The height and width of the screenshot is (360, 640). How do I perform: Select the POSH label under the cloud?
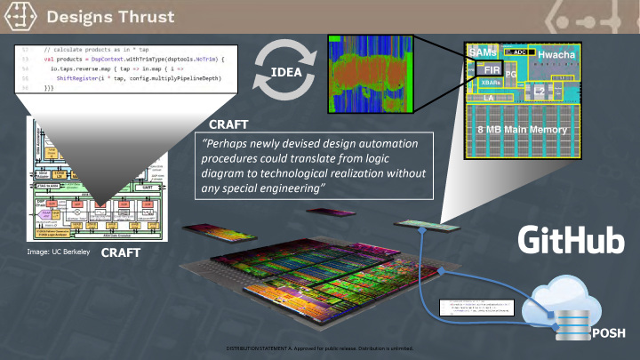tap(607, 333)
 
